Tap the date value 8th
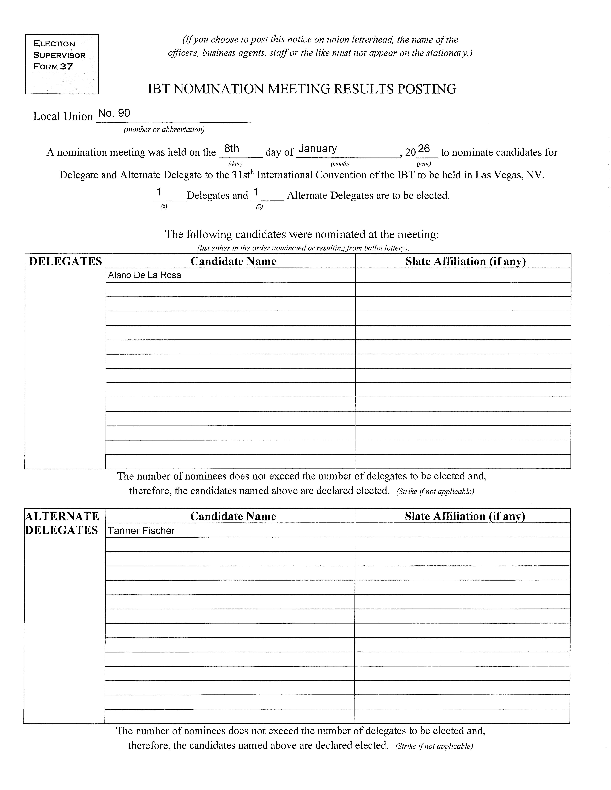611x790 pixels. [x=232, y=149]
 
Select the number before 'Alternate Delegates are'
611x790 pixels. [x=256, y=192]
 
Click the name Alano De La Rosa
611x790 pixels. [x=144, y=275]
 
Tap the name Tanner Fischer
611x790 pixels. [x=141, y=531]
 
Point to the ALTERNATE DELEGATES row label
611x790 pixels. [x=62, y=523]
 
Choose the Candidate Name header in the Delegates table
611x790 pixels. [x=233, y=262]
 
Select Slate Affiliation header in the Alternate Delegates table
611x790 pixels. [x=465, y=516]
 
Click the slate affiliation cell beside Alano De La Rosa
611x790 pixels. [x=463, y=275]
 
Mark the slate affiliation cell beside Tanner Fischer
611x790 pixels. [x=462, y=530]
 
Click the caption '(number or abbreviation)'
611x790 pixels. [x=164, y=130]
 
